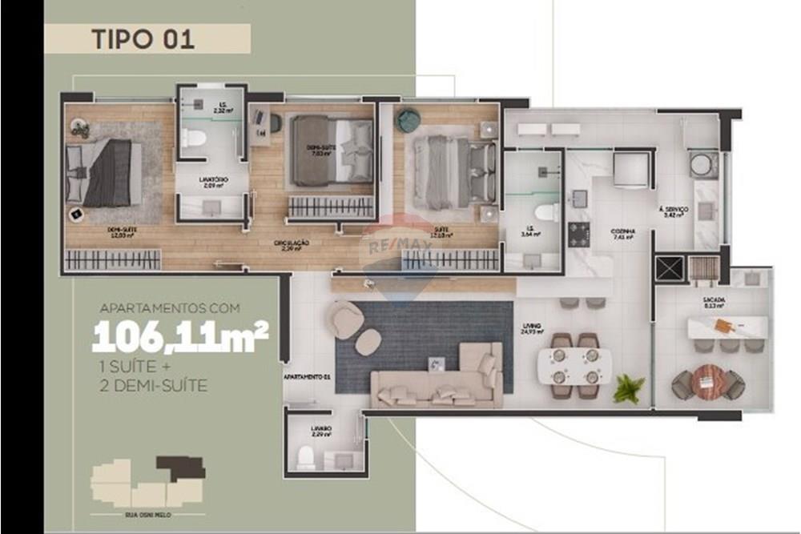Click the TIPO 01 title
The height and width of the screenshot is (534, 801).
[x=143, y=39]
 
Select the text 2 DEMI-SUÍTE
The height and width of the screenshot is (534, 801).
[x=150, y=386]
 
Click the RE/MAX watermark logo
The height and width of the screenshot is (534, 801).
[x=398, y=245]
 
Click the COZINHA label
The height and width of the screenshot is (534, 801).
[x=622, y=230]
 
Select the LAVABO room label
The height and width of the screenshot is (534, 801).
[x=321, y=430]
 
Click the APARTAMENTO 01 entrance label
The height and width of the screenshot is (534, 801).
[x=307, y=375]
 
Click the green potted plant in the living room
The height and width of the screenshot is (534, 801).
[x=629, y=388]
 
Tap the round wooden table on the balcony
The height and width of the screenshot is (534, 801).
[x=707, y=381]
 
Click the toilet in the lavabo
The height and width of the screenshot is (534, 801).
[x=305, y=459]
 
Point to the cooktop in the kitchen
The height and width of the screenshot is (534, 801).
[x=578, y=235]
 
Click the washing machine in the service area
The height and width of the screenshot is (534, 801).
[x=705, y=163]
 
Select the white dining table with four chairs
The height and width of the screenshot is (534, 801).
[x=574, y=365]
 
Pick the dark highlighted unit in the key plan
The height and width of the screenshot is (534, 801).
[x=181, y=467]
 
